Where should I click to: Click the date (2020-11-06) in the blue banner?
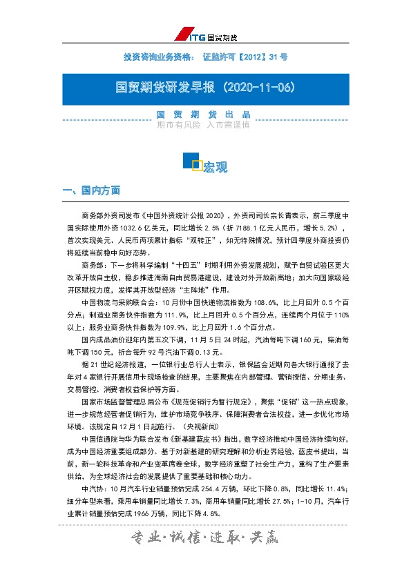coord(257,88)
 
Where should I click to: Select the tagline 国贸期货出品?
coord(203,115)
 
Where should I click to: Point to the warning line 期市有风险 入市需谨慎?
coord(203,125)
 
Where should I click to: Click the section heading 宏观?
coord(216,166)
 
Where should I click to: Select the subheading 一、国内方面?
coord(92,190)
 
